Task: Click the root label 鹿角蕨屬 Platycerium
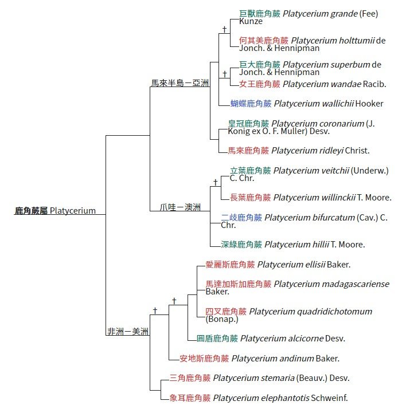55,210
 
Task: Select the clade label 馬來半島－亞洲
180,83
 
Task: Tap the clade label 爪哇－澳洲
180,207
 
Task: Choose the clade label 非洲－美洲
127,331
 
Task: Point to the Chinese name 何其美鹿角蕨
264,41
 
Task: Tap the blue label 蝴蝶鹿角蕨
251,104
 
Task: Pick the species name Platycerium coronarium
318,123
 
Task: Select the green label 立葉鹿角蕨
250,170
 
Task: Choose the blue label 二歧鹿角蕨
241,217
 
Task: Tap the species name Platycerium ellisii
292,265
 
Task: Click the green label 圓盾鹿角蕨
217,339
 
